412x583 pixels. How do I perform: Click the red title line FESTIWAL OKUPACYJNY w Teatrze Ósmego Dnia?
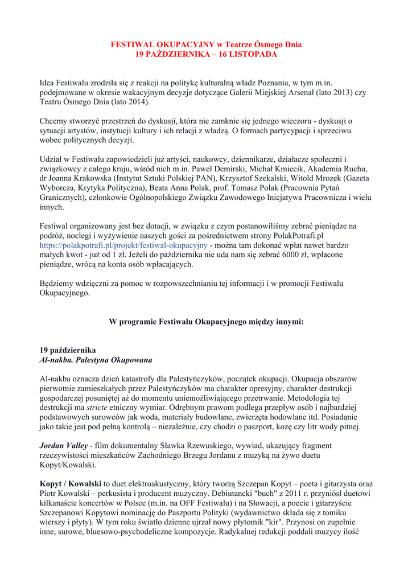(x=206, y=44)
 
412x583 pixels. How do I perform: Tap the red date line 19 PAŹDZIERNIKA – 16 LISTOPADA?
(x=206, y=54)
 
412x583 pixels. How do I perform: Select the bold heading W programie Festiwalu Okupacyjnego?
(x=206, y=322)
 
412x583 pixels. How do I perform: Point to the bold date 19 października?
(x=68, y=350)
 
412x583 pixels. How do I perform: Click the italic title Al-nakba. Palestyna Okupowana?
(x=96, y=360)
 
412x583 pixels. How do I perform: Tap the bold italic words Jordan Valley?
(x=63, y=445)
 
